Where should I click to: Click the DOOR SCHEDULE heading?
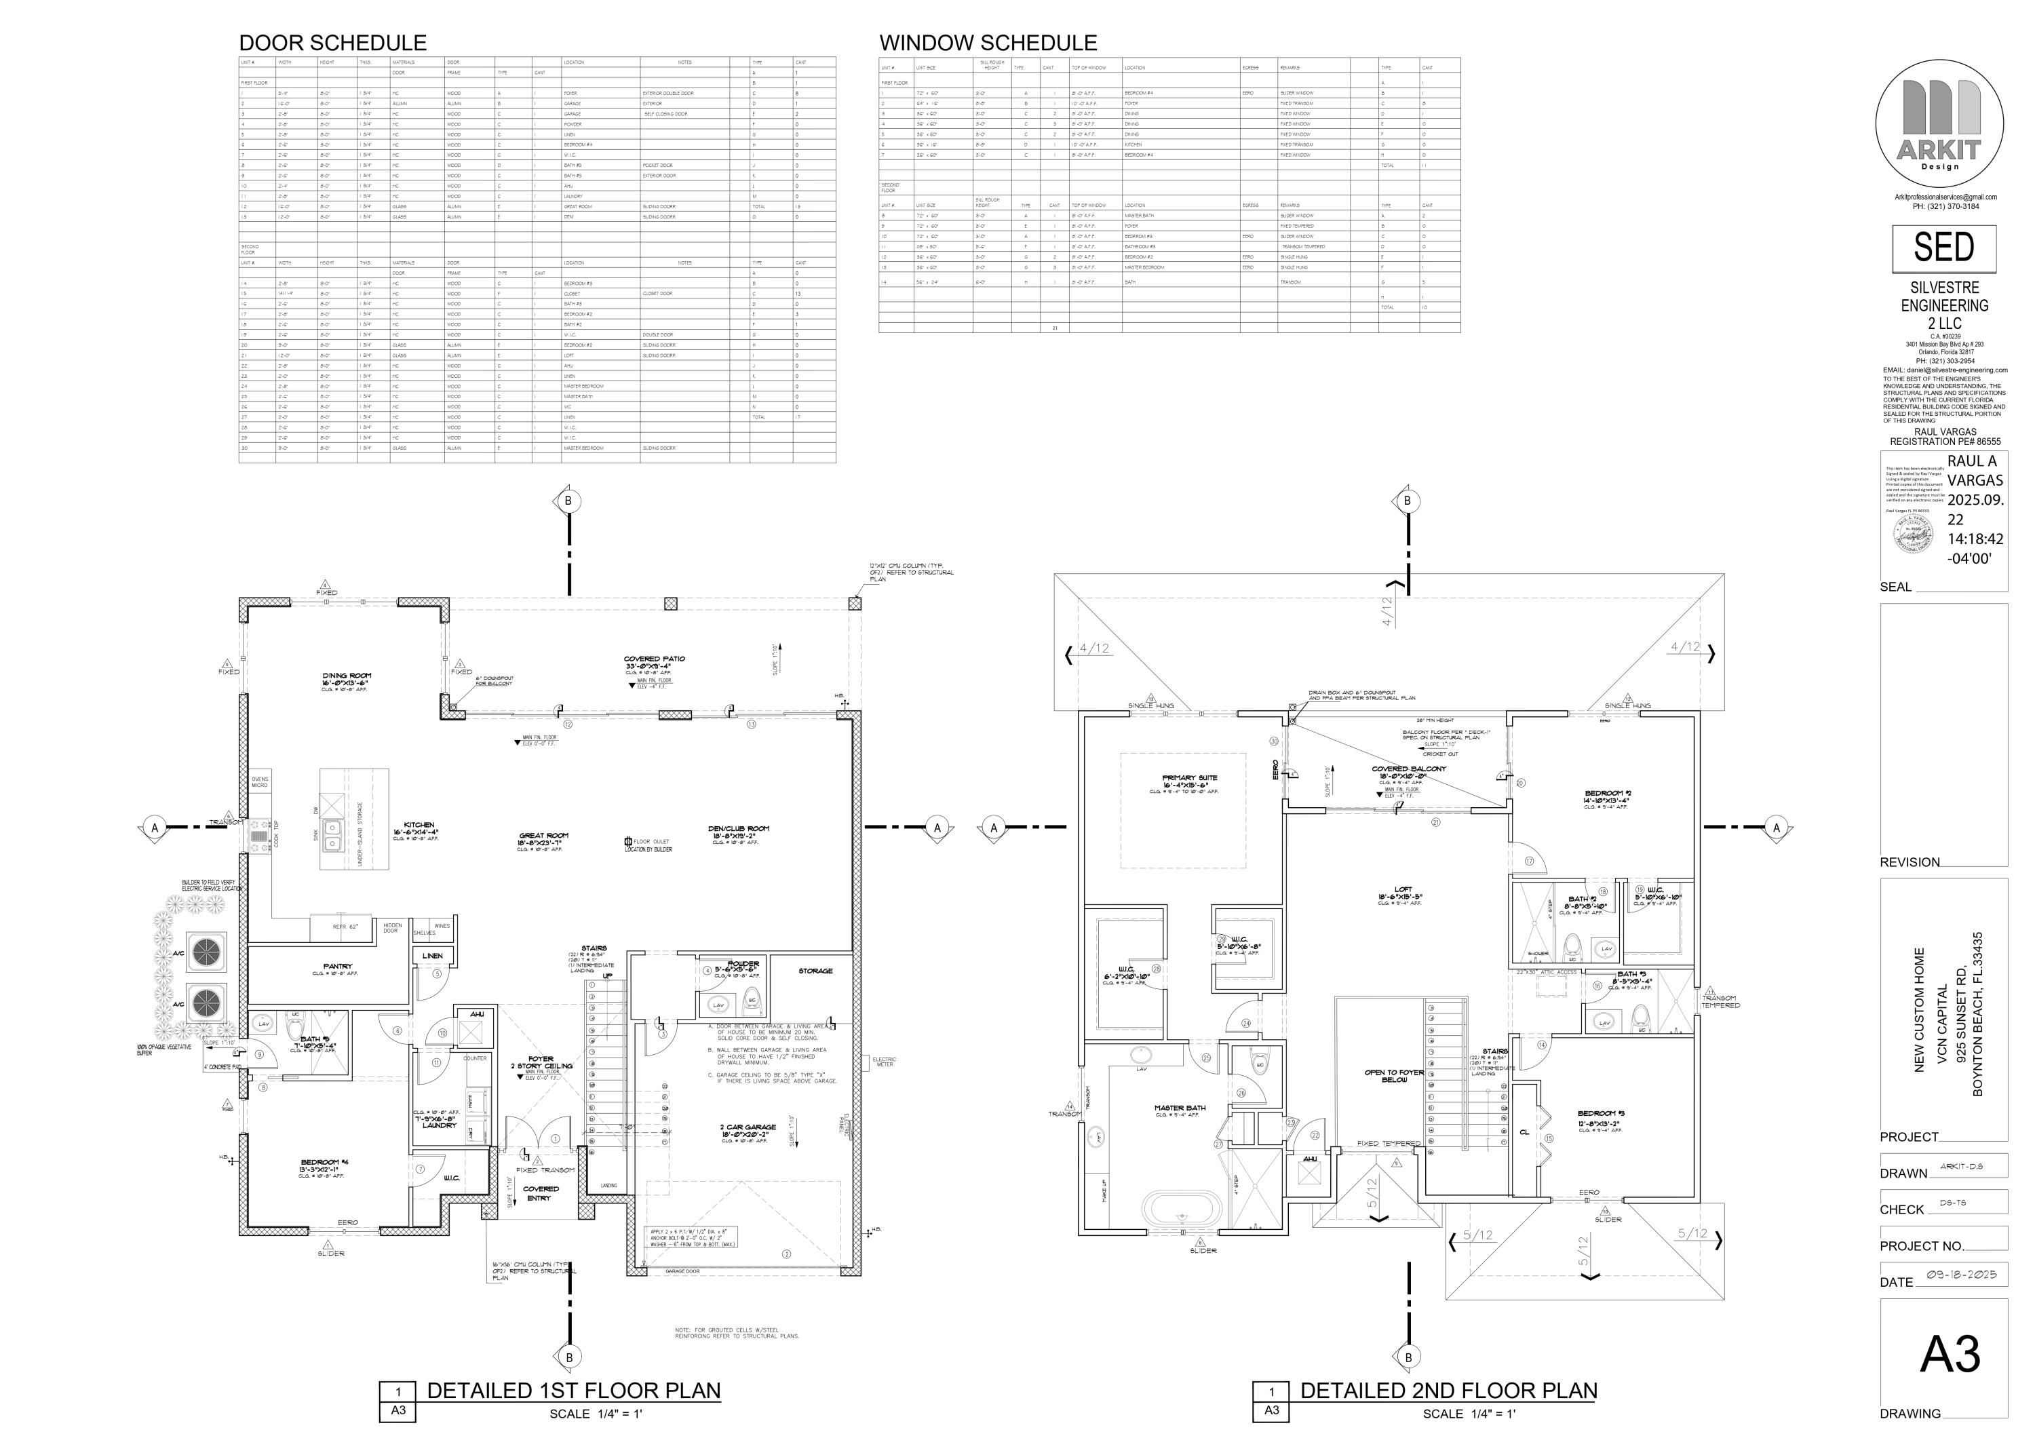point(333,43)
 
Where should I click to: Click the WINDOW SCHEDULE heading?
point(988,43)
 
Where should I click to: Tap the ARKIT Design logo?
point(1939,123)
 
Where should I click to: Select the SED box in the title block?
point(1943,248)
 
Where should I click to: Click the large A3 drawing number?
point(1950,1355)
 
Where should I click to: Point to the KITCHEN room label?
point(419,825)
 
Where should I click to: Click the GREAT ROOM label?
point(543,836)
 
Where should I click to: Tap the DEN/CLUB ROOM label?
point(738,828)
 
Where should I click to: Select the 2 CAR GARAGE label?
point(747,1127)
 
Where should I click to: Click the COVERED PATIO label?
point(654,659)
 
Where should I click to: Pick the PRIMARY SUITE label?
point(1189,779)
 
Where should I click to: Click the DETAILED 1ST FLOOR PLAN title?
point(573,1391)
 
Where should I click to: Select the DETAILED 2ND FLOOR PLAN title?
point(1448,1391)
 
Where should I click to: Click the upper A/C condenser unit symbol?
point(207,951)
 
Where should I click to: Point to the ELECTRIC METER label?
point(884,1062)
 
